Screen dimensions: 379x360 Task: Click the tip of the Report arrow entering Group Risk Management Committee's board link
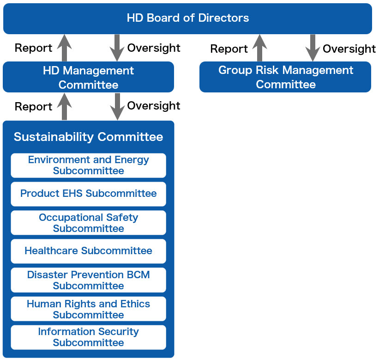coord(259,35)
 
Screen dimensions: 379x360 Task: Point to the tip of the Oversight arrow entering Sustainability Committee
coord(117,120)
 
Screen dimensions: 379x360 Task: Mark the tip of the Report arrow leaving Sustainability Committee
coord(64,93)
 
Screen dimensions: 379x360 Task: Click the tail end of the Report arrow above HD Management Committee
coord(64,61)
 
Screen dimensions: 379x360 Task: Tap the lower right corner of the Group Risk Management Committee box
coord(371,92)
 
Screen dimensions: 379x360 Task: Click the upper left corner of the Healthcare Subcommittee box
coord(11,239)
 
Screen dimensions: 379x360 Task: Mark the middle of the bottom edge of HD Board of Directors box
coord(187,34)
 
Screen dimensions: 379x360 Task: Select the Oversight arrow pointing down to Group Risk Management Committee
coord(313,48)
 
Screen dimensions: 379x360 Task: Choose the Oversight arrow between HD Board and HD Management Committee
coord(117,48)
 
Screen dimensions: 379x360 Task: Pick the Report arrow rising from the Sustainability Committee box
coord(64,107)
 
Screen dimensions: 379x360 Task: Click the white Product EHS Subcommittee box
coord(89,194)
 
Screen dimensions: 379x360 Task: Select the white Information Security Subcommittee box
coord(89,337)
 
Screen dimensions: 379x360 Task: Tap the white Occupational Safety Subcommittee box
coord(89,223)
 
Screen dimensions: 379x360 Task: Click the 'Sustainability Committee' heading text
coord(89,137)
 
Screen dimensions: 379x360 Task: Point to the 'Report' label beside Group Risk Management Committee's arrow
coord(229,49)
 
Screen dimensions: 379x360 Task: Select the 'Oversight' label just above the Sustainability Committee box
coord(154,106)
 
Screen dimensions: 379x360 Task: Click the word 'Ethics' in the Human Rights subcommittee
coord(135,304)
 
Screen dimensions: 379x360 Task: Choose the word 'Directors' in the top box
coord(223,18)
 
